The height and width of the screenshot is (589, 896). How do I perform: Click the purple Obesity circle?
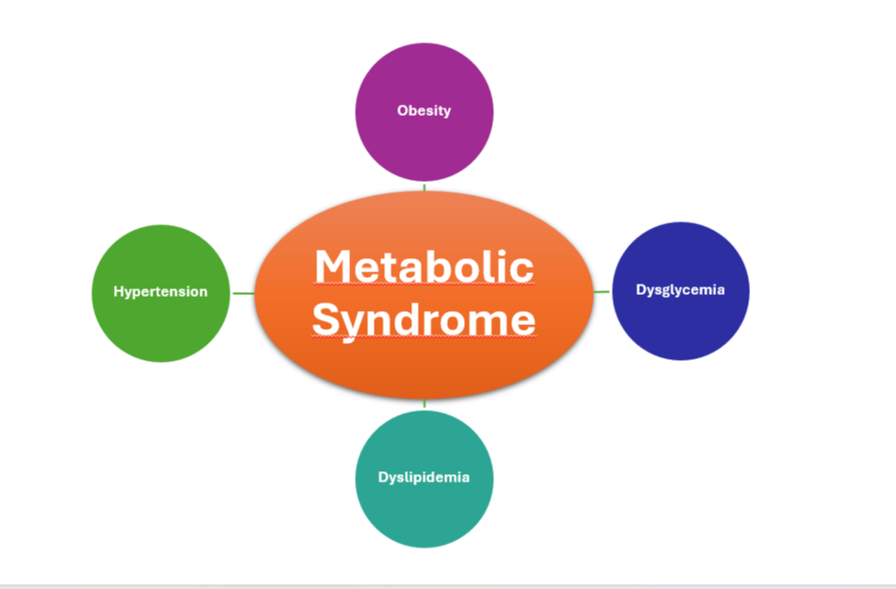(x=424, y=141)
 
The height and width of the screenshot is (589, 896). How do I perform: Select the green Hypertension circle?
(x=161, y=325)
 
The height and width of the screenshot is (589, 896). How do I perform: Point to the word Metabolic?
(x=424, y=267)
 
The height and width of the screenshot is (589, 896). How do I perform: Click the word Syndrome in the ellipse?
(x=424, y=319)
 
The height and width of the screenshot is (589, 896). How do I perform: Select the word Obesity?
(x=424, y=110)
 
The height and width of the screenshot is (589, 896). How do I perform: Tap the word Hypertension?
(x=161, y=292)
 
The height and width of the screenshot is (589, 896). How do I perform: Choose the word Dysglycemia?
(x=680, y=290)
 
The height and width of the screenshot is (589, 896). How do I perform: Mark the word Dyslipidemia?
(x=424, y=477)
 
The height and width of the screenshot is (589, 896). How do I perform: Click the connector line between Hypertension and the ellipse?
(x=243, y=293)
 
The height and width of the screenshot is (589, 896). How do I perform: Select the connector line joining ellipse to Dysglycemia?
(x=601, y=292)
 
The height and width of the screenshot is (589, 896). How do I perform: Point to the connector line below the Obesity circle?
(x=424, y=187)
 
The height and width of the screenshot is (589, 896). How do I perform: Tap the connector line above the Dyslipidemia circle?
(x=424, y=404)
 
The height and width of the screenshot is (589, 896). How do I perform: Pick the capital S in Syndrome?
(x=327, y=319)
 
